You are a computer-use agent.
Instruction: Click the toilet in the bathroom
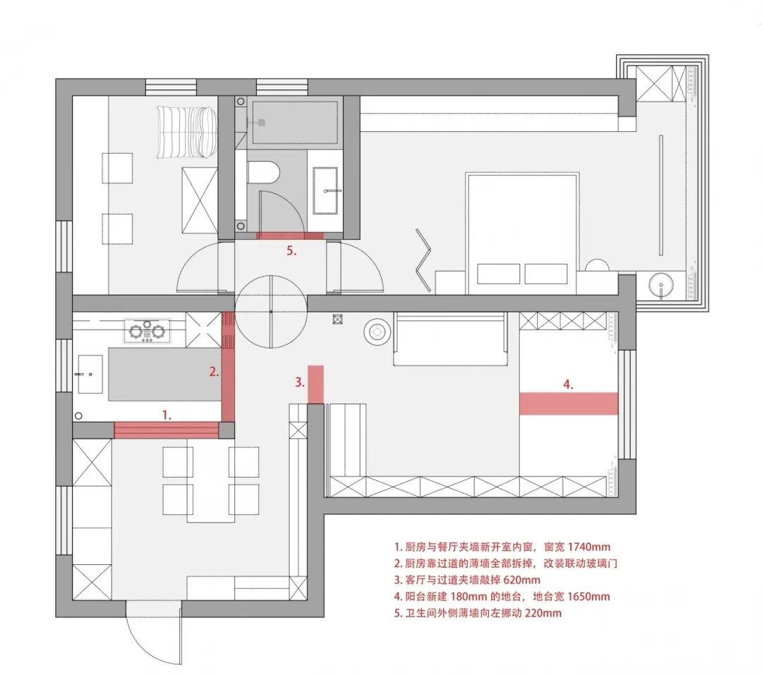click(x=265, y=171)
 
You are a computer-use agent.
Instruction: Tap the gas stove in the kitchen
click(x=148, y=329)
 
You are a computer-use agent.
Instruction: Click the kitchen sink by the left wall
click(x=90, y=373)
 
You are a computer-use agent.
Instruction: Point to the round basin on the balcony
click(x=662, y=286)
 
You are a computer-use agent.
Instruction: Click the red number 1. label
click(x=167, y=415)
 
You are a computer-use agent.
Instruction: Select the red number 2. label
click(x=213, y=370)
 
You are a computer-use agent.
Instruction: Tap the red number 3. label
click(x=300, y=383)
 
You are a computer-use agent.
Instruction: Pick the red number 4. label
click(x=569, y=384)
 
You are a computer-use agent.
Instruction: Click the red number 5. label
click(x=291, y=250)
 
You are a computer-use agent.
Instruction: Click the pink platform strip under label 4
click(x=569, y=403)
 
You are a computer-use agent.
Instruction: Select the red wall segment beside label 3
click(x=316, y=384)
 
